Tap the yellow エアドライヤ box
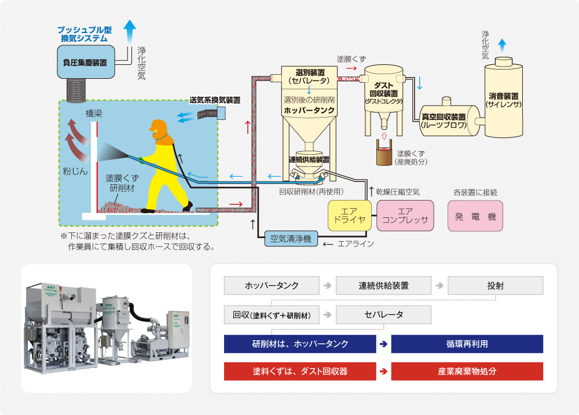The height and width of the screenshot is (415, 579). pos(350,216)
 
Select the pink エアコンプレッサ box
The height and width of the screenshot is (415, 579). pos(405,216)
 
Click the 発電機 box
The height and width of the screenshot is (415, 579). pos(475,216)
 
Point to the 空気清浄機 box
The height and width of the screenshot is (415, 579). pos(291,238)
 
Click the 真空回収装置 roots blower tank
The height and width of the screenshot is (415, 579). pos(445,120)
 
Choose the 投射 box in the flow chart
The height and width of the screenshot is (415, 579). pos(495,285)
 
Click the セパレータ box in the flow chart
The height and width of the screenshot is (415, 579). pos(383,315)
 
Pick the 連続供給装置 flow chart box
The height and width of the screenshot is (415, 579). pos(383,285)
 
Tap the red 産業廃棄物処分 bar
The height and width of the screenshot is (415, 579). pos(467,371)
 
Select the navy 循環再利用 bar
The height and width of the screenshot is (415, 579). pos(467,344)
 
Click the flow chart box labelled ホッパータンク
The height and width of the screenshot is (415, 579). pos(272,285)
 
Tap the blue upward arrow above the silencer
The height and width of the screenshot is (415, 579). pos(502,44)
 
